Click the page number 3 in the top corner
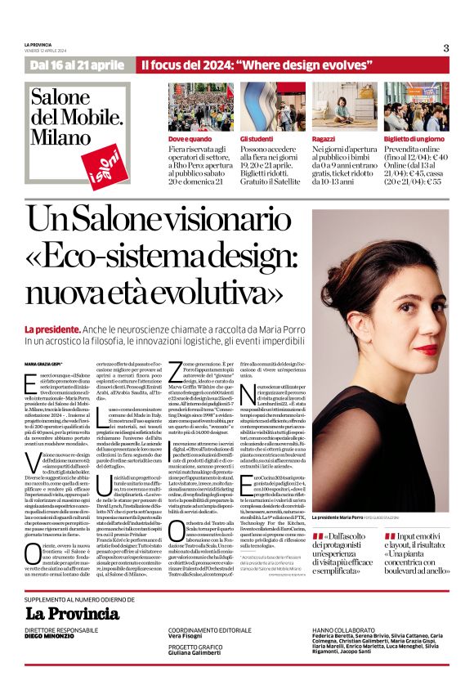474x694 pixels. pyautogui.click(x=446, y=47)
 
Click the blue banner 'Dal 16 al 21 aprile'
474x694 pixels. pyautogui.click(x=77, y=65)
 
